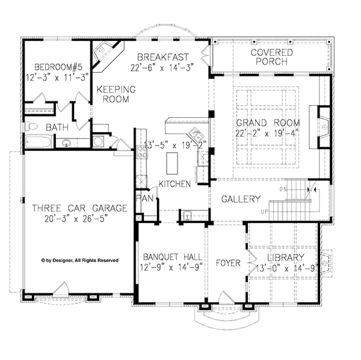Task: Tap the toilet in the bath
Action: [x=34, y=126]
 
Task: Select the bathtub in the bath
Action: [x=41, y=142]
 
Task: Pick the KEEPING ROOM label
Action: [x=116, y=94]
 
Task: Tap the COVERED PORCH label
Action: [x=271, y=58]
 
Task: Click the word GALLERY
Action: [x=241, y=199]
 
